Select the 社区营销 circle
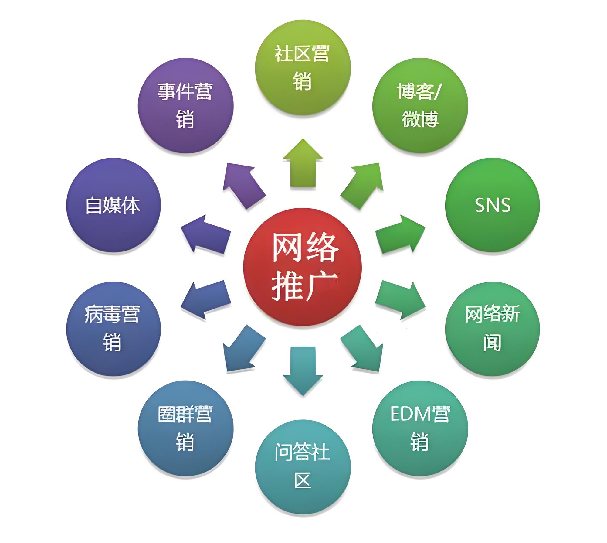click(x=303, y=67)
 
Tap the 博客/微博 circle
click(x=420, y=106)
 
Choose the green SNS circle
click(x=492, y=205)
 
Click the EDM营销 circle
click(x=420, y=428)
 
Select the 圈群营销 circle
click(x=185, y=428)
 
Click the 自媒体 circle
click(x=113, y=205)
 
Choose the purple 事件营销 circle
click(x=185, y=106)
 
